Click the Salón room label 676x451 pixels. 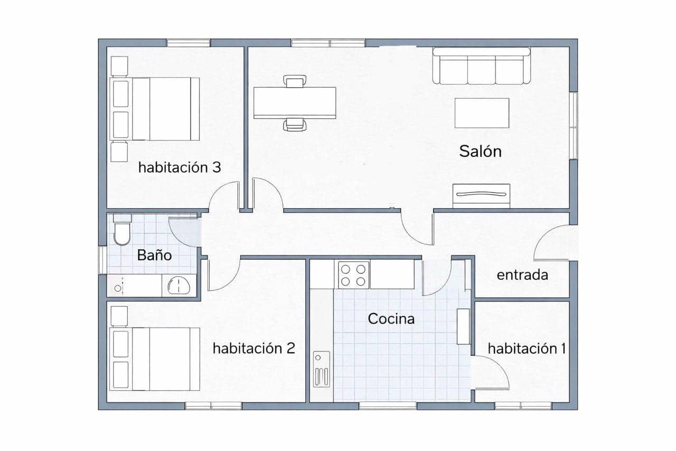click(480, 151)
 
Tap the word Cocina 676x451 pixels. click(391, 319)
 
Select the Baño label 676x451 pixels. click(154, 255)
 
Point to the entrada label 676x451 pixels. click(522, 275)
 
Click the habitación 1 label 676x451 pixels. click(527, 348)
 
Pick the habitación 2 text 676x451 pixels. click(253, 348)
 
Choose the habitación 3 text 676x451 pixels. click(179, 168)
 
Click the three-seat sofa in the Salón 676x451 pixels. click(481, 67)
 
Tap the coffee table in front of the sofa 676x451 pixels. click(482, 113)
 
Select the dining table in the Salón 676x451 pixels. click(295, 103)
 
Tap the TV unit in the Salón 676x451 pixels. click(481, 195)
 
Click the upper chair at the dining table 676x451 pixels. click(294, 81)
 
